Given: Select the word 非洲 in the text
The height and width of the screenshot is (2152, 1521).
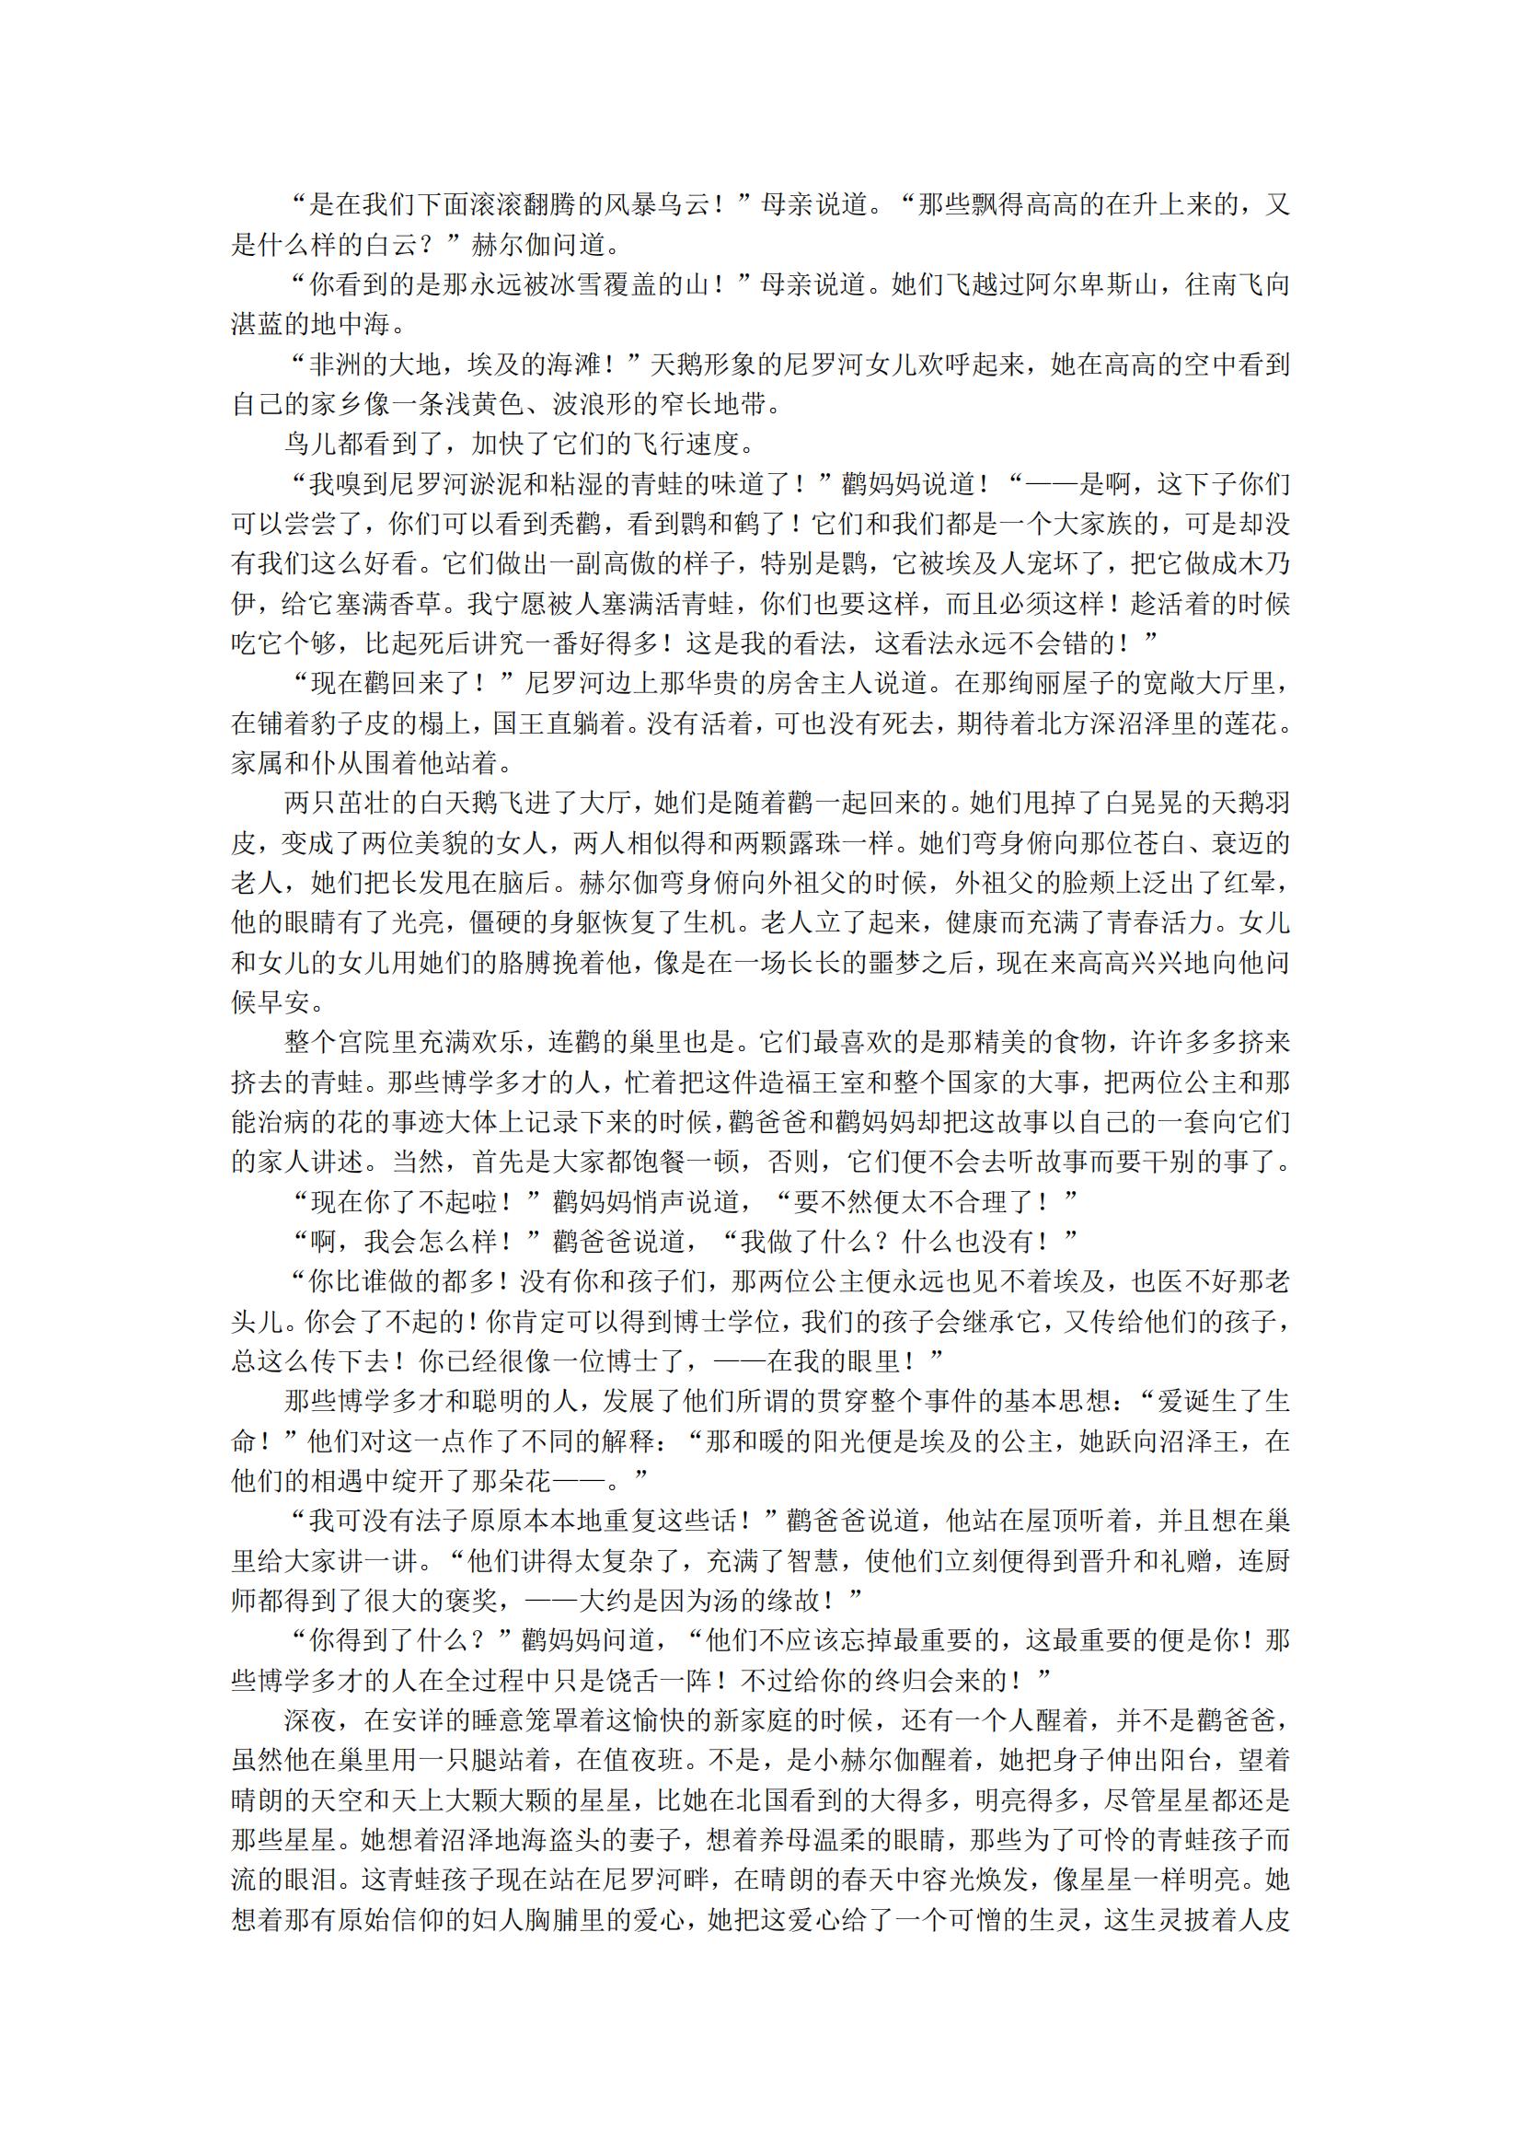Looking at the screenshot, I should click(x=338, y=364).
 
